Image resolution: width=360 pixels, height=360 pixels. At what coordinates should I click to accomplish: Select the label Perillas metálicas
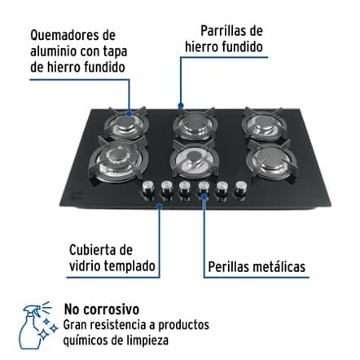point(256,266)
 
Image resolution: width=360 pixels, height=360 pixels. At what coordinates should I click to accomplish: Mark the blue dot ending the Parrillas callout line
point(182,106)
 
